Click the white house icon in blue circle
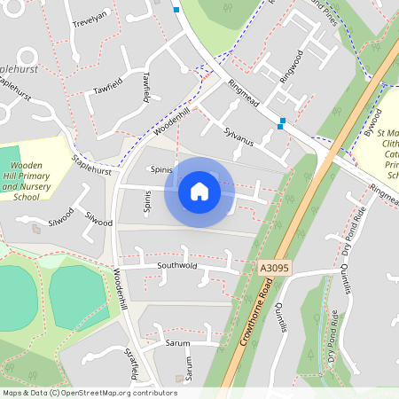pyautogui.click(x=199, y=191)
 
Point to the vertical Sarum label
pyautogui.click(x=188, y=365)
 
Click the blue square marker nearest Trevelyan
pyautogui.click(x=176, y=10)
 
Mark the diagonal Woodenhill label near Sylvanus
pyautogui.click(x=171, y=120)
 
